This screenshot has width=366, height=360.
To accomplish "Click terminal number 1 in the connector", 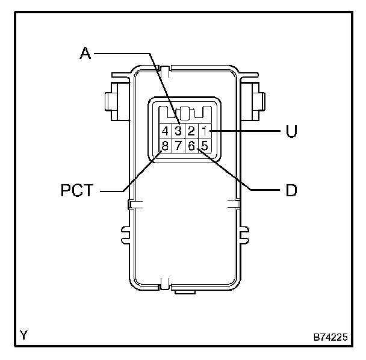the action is pos(205,131).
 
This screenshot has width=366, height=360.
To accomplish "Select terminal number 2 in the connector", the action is pos(191,131).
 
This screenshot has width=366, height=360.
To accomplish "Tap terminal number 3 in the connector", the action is pos(178,131).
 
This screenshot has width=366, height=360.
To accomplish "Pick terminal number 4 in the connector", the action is pos(165,131).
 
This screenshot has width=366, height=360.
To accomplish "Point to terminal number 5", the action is pos(205,146).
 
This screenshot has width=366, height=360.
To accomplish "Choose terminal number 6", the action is pos(191,146).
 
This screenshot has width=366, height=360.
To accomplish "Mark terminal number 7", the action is pos(178,146).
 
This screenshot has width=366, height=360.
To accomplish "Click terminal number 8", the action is pos(165,146).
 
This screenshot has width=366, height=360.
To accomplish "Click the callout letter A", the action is pos(85,53).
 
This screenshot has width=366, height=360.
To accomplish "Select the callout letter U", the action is pos(291,131).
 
